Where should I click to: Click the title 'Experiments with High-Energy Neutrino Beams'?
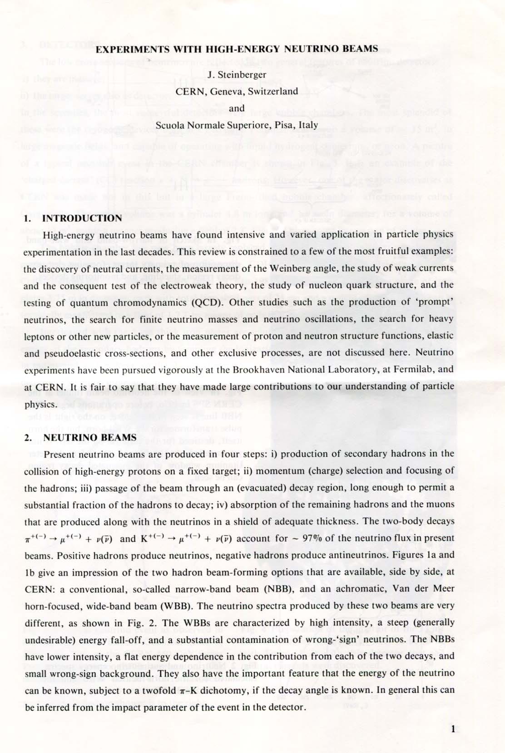237,49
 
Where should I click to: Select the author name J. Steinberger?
237,75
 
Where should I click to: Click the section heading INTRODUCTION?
82,218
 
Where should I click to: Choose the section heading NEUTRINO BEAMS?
90,438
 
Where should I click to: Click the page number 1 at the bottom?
453,729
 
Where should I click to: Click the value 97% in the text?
311,538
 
